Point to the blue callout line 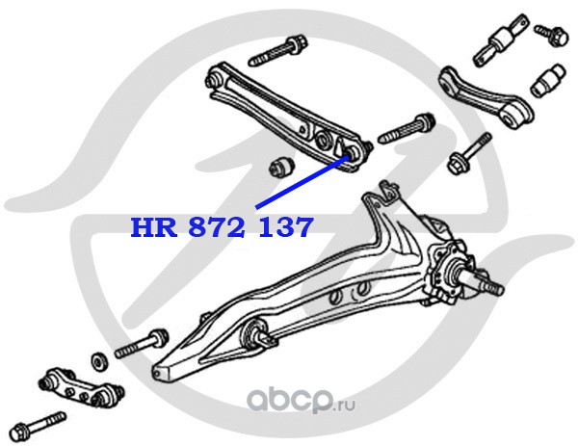click(x=299, y=183)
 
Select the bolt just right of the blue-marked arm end click(x=410, y=130)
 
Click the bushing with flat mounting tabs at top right click(x=502, y=41)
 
